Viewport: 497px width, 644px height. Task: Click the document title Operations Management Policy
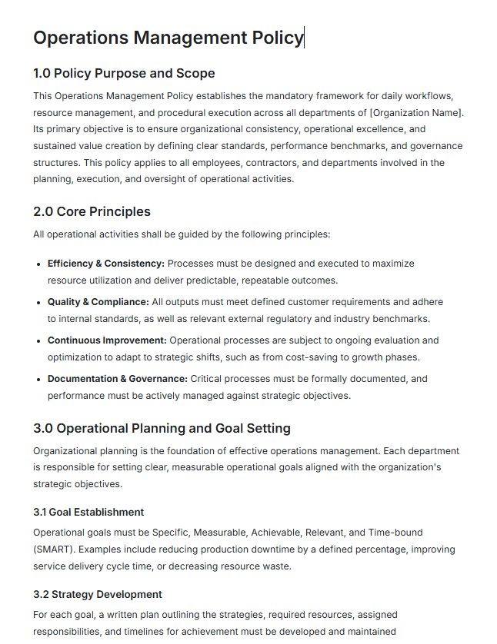point(168,38)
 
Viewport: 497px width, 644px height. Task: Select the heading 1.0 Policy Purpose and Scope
point(124,74)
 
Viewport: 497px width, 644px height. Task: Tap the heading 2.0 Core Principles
point(92,211)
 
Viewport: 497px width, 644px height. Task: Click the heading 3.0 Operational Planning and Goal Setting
point(162,428)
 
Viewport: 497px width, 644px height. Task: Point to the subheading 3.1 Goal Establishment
point(88,512)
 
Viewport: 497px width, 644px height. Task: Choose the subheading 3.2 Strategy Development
point(98,594)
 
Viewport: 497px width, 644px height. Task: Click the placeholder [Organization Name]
point(417,113)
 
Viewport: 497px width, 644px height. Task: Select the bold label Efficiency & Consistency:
point(105,263)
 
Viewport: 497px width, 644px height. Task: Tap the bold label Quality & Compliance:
point(98,301)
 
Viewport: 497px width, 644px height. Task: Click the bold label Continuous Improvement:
point(107,340)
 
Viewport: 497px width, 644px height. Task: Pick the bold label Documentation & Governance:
point(117,378)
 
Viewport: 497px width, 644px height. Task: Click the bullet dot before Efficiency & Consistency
point(38,264)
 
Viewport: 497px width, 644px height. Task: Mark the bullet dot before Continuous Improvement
point(38,340)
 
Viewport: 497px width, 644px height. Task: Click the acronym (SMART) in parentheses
point(53,549)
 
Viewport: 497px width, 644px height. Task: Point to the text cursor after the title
point(305,38)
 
